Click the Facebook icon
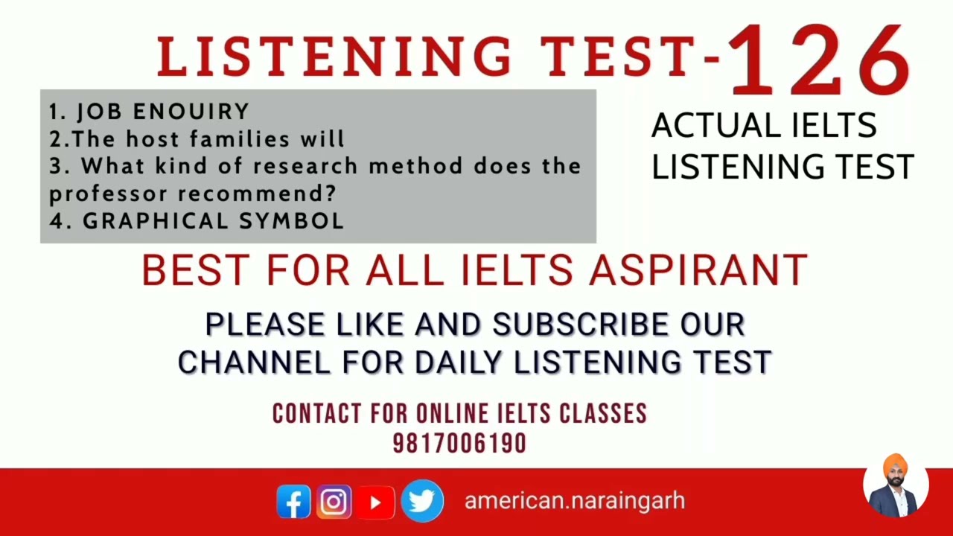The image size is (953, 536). click(x=293, y=502)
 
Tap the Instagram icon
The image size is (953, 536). click(x=334, y=502)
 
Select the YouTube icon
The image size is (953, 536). click(x=375, y=502)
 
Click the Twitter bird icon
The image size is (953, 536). click(x=421, y=501)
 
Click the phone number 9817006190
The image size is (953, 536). click(x=459, y=444)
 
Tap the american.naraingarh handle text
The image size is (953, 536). click(x=574, y=501)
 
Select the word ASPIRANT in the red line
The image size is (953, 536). click(x=698, y=270)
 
